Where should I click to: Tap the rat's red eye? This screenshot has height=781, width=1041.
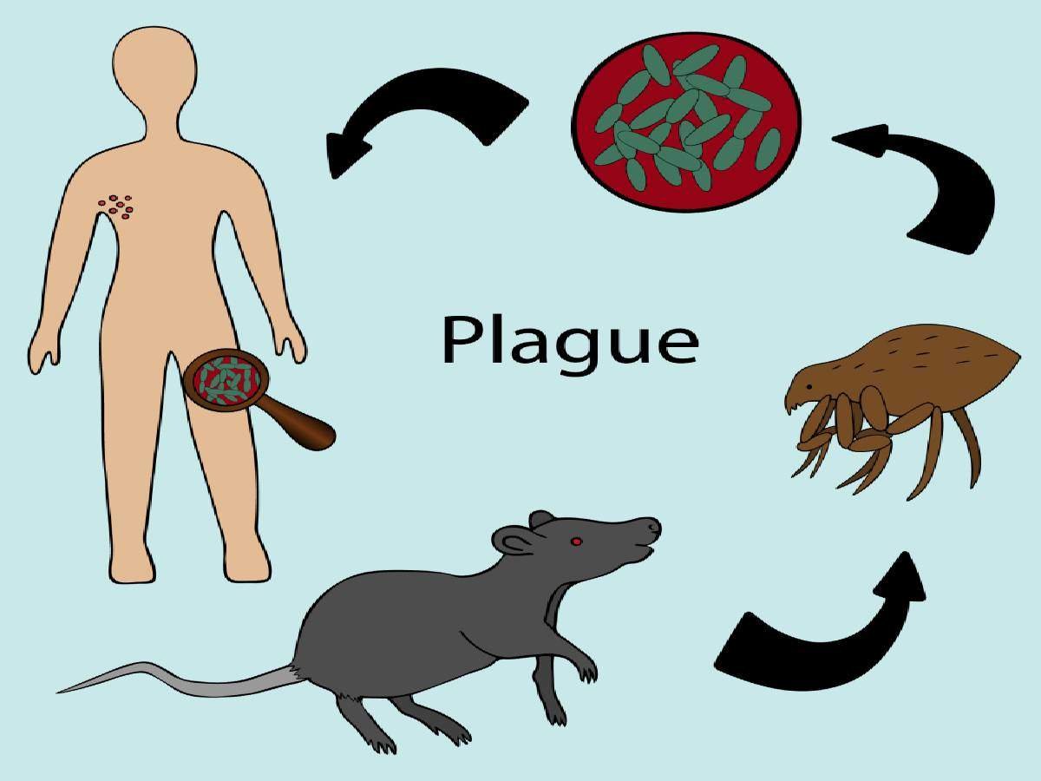click(x=576, y=541)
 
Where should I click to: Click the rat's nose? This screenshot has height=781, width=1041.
click(x=654, y=526)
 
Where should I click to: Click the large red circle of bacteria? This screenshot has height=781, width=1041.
click(x=686, y=122)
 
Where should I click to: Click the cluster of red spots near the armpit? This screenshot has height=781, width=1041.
click(x=116, y=207)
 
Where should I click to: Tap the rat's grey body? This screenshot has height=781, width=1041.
click(x=427, y=631)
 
